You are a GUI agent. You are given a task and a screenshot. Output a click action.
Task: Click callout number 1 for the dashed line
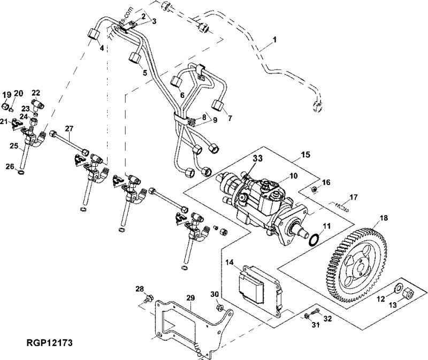[275, 40]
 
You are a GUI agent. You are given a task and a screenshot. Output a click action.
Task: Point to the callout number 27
[68, 128]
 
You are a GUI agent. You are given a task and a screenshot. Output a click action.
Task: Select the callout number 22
[36, 93]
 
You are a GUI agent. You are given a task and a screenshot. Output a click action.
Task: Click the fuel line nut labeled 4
[95, 37]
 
